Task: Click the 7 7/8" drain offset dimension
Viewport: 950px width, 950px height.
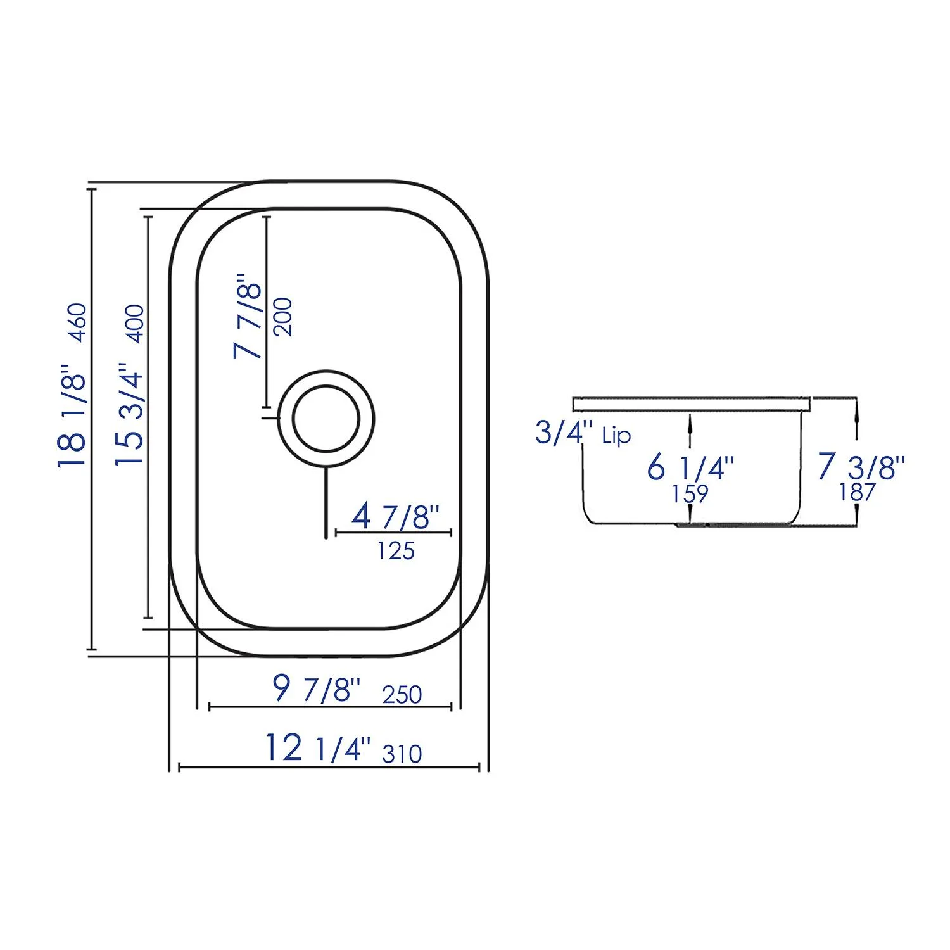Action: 248,316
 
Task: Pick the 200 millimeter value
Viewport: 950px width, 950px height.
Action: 283,317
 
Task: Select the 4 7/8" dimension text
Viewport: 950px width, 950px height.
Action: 395,517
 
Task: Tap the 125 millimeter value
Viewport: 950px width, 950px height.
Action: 396,551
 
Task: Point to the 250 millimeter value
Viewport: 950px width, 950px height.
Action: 402,695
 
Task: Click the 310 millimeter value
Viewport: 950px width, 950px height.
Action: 402,754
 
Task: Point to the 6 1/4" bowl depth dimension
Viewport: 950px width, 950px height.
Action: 690,468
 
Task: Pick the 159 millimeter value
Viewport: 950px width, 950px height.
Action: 690,493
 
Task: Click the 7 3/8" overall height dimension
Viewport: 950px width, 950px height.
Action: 861,467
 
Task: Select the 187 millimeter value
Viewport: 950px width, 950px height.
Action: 858,492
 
